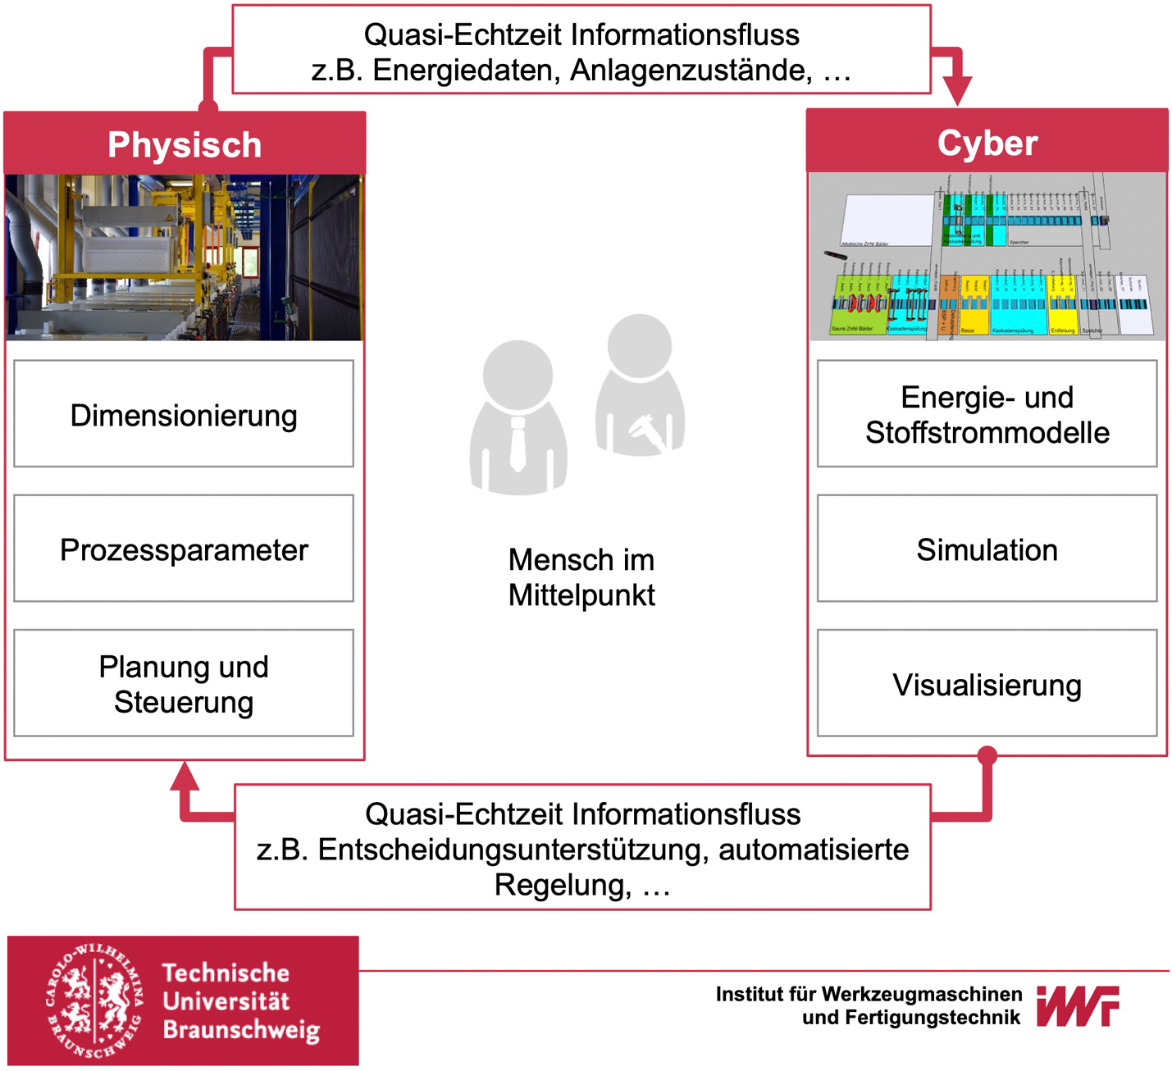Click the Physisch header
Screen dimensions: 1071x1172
pyautogui.click(x=185, y=144)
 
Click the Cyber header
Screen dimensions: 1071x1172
pyautogui.click(x=987, y=143)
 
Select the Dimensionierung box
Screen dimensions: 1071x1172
pyautogui.click(x=184, y=414)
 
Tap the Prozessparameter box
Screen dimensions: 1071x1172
pyautogui.click(x=184, y=549)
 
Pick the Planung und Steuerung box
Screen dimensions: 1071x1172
pyautogui.click(x=184, y=683)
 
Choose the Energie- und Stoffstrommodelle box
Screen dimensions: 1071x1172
pyautogui.click(x=987, y=414)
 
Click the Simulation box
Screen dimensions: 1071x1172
pyautogui.click(x=987, y=549)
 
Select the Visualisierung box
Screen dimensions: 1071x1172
pyautogui.click(x=987, y=684)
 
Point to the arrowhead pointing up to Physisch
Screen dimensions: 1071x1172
pyautogui.click(x=185, y=775)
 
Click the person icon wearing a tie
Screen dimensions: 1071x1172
pyautogui.click(x=518, y=418)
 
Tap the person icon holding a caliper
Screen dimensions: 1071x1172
pyautogui.click(x=640, y=385)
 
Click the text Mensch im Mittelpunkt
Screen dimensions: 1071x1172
pyautogui.click(x=581, y=577)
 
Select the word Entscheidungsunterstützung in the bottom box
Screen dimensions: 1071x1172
pyautogui.click(x=513, y=850)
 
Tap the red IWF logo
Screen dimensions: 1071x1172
pyautogui.click(x=1078, y=1005)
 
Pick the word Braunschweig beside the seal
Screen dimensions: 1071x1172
pyautogui.click(x=241, y=1030)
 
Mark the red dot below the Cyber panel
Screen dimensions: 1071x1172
pyautogui.click(x=987, y=755)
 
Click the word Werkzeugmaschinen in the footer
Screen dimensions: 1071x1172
pyautogui.click(x=922, y=994)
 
